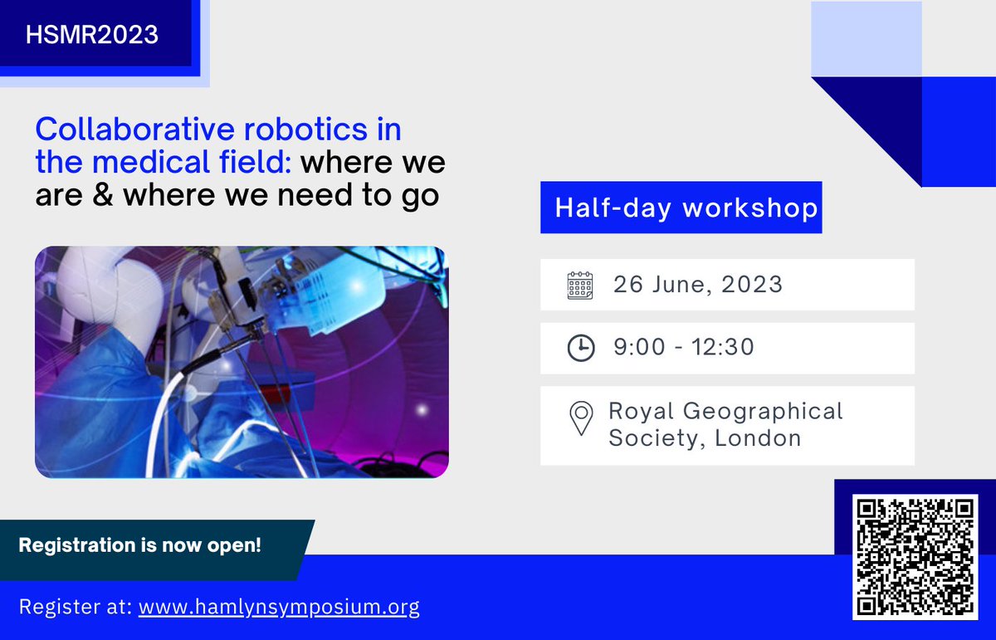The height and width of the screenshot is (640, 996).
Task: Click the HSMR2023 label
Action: pyautogui.click(x=91, y=34)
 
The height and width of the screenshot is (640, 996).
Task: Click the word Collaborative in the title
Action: pyautogui.click(x=134, y=129)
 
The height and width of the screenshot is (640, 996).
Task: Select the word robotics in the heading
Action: pyautogui.click(x=306, y=129)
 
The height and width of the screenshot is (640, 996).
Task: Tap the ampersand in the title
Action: pyautogui.click(x=103, y=195)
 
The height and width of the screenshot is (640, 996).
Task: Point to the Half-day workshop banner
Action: pyautogui.click(x=681, y=208)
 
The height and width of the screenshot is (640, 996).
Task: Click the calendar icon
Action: pyautogui.click(x=580, y=285)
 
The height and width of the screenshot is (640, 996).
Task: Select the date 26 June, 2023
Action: pyautogui.click(x=698, y=284)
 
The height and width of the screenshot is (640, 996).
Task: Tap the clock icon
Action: pyautogui.click(x=581, y=348)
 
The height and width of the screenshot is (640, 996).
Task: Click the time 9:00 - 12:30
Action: pyautogui.click(x=684, y=347)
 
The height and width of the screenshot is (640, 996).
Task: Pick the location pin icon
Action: pyautogui.click(x=581, y=418)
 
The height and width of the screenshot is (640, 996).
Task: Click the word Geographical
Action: pyautogui.click(x=763, y=412)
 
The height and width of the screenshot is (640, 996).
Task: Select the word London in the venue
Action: pyautogui.click(x=758, y=438)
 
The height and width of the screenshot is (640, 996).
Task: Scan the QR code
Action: pyautogui.click(x=915, y=557)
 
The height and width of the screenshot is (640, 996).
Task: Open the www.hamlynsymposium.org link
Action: pyautogui.click(x=279, y=607)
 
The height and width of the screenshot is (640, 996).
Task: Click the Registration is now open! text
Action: pyautogui.click(x=140, y=545)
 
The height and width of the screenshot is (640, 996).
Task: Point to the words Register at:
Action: pyautogui.click(x=76, y=607)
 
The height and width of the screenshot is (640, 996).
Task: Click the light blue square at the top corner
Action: pyautogui.click(x=867, y=39)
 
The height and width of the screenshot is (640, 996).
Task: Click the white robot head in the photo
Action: pyautogui.click(x=110, y=289)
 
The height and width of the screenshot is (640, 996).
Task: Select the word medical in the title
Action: pyautogui.click(x=151, y=162)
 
